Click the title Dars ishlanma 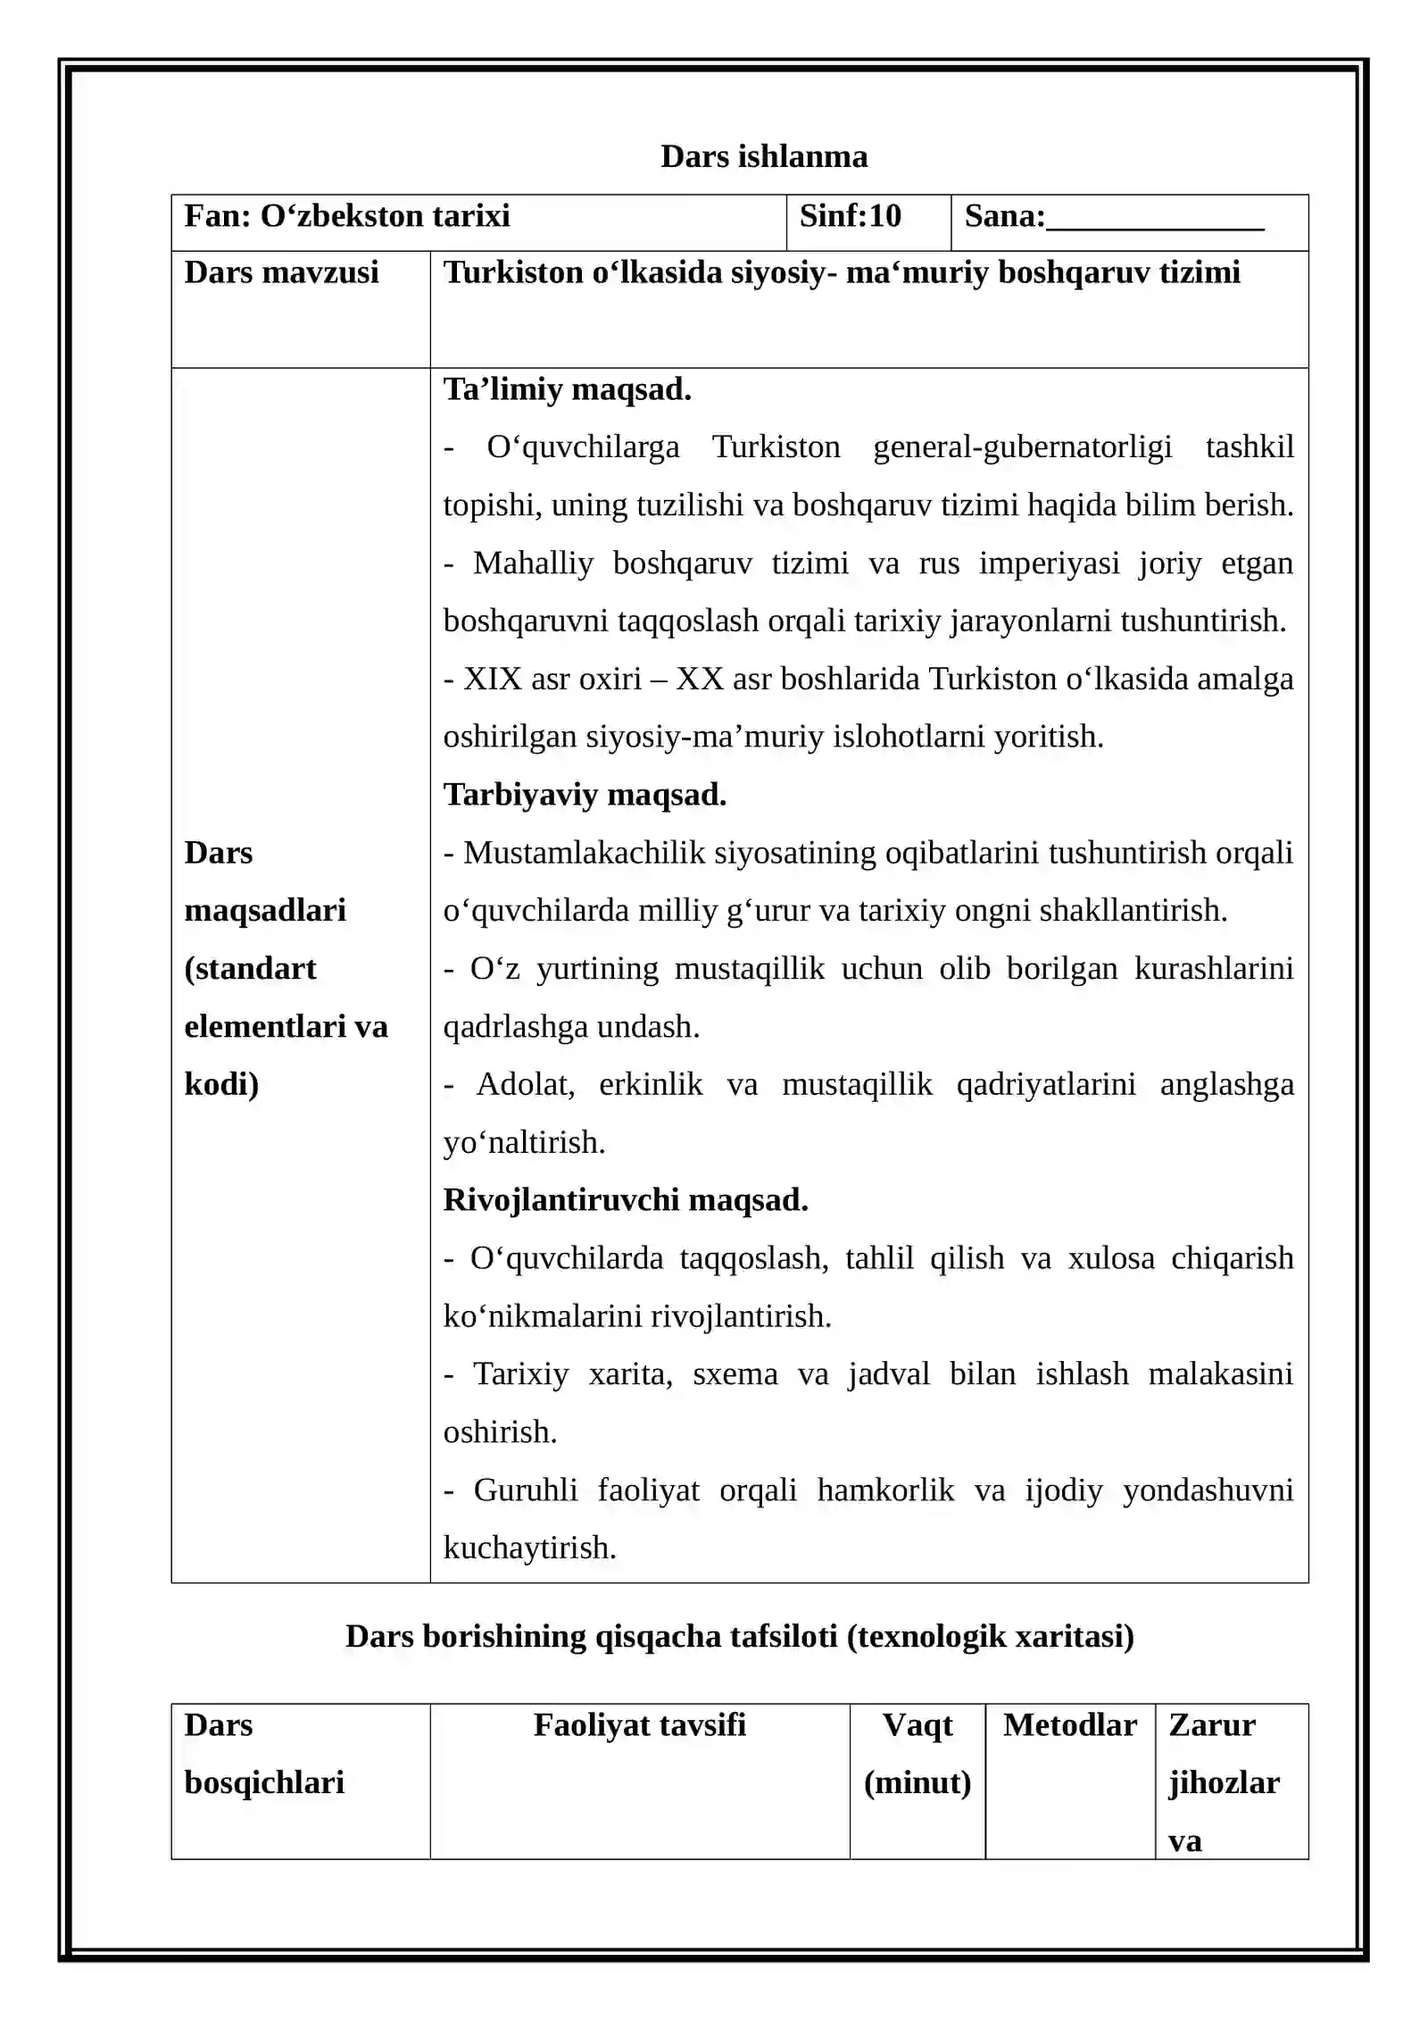click(763, 156)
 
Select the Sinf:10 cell click(850, 216)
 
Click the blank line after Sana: click(1154, 220)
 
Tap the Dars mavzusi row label click(281, 272)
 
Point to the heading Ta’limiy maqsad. click(567, 389)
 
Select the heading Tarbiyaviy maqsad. click(585, 794)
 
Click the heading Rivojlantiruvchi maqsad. click(625, 1199)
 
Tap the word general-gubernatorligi click(1022, 447)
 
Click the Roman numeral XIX click(492, 679)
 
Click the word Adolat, click(525, 1084)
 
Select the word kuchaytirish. click(528, 1548)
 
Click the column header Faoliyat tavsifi click(639, 1724)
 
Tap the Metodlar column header click(1069, 1724)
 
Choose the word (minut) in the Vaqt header click(917, 1782)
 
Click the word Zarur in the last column click(1211, 1724)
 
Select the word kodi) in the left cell click(221, 1084)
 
